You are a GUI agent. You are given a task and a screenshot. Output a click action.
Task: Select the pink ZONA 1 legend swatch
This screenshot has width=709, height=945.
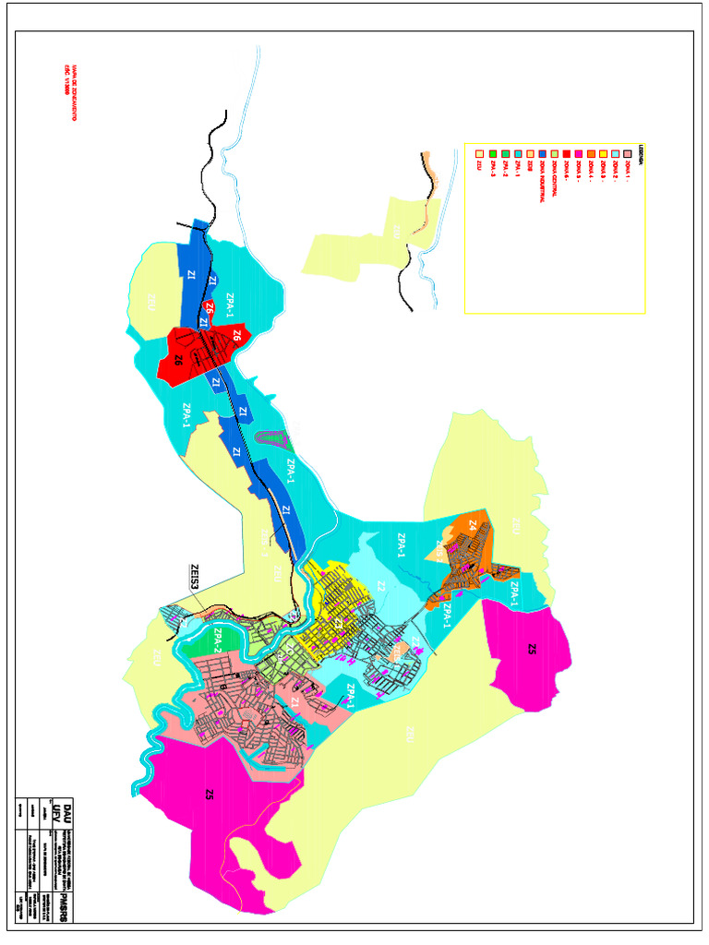[628, 153]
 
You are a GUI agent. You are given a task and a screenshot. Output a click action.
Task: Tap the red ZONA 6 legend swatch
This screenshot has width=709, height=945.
[565, 153]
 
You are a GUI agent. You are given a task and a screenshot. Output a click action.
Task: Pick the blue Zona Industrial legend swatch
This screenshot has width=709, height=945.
[541, 153]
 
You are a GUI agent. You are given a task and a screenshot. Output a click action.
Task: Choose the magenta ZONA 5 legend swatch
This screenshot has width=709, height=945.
[578, 153]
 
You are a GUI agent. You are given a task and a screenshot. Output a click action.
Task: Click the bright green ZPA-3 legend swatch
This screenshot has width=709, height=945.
[492, 153]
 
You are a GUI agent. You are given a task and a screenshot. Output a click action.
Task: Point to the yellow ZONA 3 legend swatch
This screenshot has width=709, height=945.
[603, 153]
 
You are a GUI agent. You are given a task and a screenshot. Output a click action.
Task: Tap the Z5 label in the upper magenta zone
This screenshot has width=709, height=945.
[532, 649]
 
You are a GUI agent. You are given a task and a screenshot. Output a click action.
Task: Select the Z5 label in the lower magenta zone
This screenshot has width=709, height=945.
[210, 795]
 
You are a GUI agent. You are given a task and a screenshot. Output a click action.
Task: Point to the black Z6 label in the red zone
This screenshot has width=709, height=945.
[178, 361]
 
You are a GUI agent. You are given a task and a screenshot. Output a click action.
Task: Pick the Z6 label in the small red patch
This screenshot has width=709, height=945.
[210, 309]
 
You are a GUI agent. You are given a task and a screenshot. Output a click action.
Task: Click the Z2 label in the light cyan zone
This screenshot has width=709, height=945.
[380, 586]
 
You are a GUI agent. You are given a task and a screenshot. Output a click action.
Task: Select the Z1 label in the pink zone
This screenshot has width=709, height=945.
[294, 703]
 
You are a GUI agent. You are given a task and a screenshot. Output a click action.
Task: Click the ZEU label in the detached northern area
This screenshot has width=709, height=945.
[395, 231]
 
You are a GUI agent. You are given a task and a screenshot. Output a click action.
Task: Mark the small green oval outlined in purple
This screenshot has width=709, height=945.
[270, 442]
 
